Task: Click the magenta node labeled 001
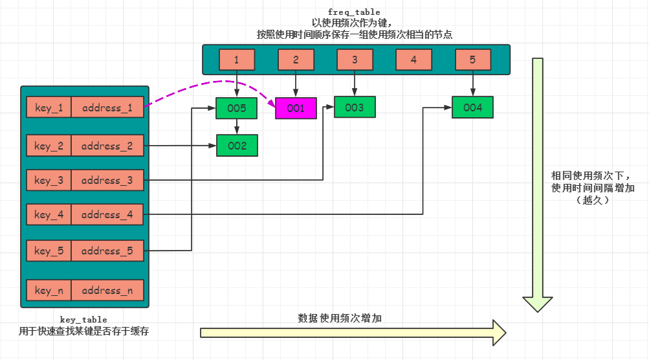[x=296, y=108]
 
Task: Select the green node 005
[x=237, y=108]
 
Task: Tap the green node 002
[x=237, y=146]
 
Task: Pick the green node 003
[x=355, y=107]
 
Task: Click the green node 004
[x=472, y=107]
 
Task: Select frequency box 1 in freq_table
[x=237, y=60]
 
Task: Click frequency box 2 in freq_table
[x=296, y=60]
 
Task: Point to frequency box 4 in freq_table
[x=413, y=60]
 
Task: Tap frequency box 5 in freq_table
[x=472, y=60]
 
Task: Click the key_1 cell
[x=49, y=107]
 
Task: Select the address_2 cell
[x=107, y=146]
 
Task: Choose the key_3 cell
[x=49, y=180]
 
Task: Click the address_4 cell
[x=107, y=214]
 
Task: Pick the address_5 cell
[x=107, y=251]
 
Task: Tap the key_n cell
[x=49, y=290]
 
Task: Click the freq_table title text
[x=354, y=12]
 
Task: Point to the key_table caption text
[x=83, y=319]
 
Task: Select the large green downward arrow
[x=538, y=181]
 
